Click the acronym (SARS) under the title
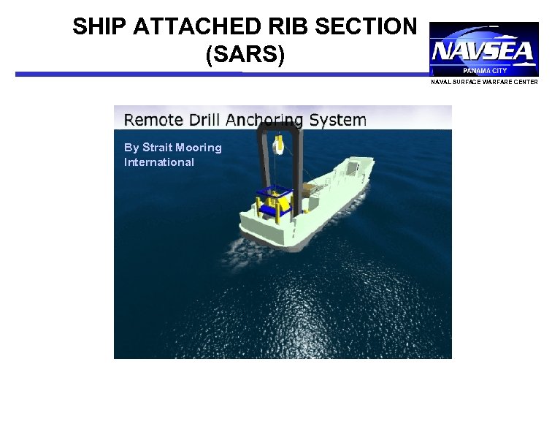click(244, 56)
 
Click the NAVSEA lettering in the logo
click(483, 52)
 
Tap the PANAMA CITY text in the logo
click(485, 71)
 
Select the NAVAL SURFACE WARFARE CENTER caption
click(484, 82)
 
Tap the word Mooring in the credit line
click(199, 148)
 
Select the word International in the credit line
click(159, 162)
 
